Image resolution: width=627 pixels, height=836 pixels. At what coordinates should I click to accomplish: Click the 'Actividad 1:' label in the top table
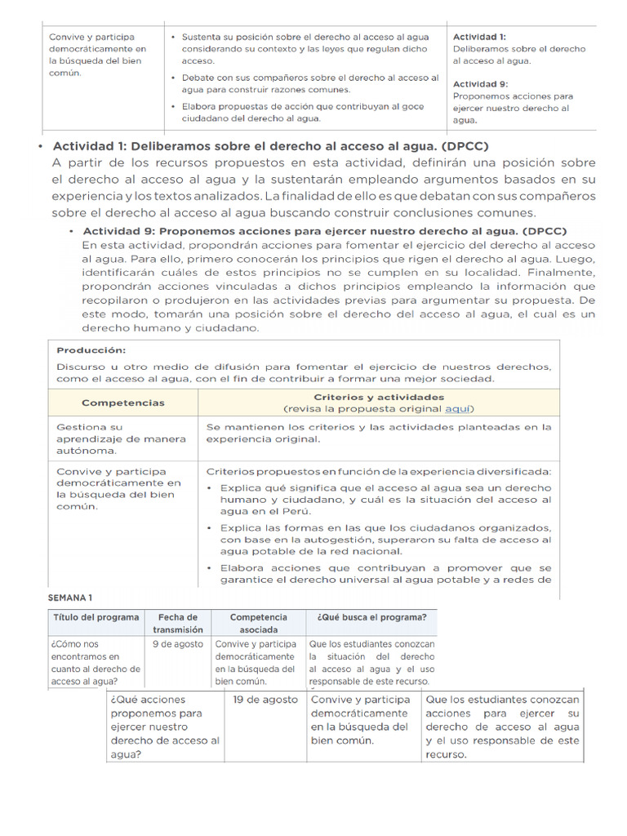click(479, 37)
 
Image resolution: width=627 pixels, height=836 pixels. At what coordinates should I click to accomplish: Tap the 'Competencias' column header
click(123, 402)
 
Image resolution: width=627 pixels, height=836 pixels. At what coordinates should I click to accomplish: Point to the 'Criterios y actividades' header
click(378, 397)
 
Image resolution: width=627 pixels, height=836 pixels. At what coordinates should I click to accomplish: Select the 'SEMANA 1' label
click(70, 598)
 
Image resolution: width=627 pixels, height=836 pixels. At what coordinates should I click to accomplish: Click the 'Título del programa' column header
click(96, 617)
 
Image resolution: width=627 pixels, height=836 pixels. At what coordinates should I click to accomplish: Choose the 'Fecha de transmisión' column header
click(177, 623)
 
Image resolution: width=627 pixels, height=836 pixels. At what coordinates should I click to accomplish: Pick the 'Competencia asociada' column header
click(258, 623)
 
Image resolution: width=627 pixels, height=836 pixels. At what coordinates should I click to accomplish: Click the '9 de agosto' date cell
click(177, 643)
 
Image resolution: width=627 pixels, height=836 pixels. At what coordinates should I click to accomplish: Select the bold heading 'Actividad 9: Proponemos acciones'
click(325, 231)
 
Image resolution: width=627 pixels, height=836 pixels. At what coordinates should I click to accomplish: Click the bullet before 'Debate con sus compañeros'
click(173, 78)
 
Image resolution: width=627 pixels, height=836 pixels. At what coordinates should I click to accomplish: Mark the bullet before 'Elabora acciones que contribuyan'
click(211, 568)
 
